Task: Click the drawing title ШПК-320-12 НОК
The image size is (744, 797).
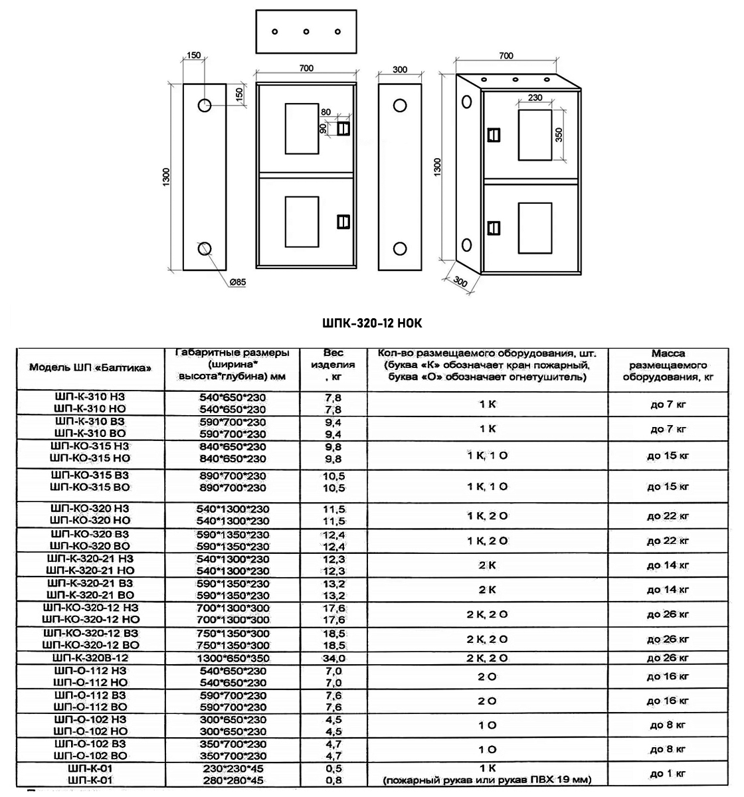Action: (371, 323)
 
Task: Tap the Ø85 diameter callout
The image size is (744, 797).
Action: (237, 282)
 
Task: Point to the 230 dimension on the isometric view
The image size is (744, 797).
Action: (535, 98)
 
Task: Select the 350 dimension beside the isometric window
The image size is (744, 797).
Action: (559, 135)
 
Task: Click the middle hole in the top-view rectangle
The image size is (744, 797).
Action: (306, 32)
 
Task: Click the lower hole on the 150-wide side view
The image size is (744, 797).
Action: (204, 248)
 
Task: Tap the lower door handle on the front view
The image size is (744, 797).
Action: (343, 221)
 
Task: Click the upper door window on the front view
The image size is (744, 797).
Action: (302, 129)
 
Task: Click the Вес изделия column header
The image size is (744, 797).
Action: (333, 365)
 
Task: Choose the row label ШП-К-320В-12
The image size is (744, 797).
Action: (90, 658)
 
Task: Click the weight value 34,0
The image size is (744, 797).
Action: (333, 658)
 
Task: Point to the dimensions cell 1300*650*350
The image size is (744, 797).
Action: (232, 658)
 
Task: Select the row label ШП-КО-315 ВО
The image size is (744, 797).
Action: (90, 487)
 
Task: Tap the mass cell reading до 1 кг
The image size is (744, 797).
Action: (668, 773)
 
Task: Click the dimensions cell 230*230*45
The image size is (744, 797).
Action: (232, 768)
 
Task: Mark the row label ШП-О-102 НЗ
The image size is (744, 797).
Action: (90, 719)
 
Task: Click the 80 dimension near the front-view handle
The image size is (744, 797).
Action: (325, 112)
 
